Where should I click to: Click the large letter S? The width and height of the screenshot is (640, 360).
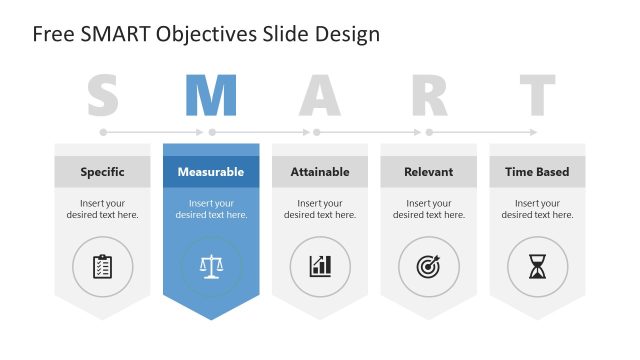[x=103, y=96]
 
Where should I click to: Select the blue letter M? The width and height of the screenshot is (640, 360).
[x=211, y=96]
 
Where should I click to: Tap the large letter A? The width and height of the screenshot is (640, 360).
[x=320, y=96]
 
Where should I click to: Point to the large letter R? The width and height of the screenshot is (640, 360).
[x=429, y=96]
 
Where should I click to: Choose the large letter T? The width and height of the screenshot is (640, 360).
[x=537, y=96]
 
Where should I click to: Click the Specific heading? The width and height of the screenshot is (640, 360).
[x=102, y=172]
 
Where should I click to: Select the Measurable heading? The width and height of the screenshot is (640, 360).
[x=211, y=172]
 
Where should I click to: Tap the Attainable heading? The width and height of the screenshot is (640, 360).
[x=320, y=172]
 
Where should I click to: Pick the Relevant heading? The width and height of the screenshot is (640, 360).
[x=428, y=172]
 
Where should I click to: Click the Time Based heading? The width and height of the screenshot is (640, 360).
[x=537, y=172]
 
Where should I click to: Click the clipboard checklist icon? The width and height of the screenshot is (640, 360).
[x=102, y=266]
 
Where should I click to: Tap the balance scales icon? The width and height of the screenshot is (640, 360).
[x=211, y=266]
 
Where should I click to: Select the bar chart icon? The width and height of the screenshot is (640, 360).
[x=320, y=266]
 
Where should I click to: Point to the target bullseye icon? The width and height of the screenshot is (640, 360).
[x=429, y=266]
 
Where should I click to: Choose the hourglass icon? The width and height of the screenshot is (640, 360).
[x=537, y=266]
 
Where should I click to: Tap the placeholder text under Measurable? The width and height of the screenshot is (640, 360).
[x=211, y=209]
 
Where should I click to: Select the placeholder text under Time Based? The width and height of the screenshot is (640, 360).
[x=537, y=209]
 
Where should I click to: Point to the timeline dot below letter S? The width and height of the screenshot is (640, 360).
[x=103, y=131]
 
